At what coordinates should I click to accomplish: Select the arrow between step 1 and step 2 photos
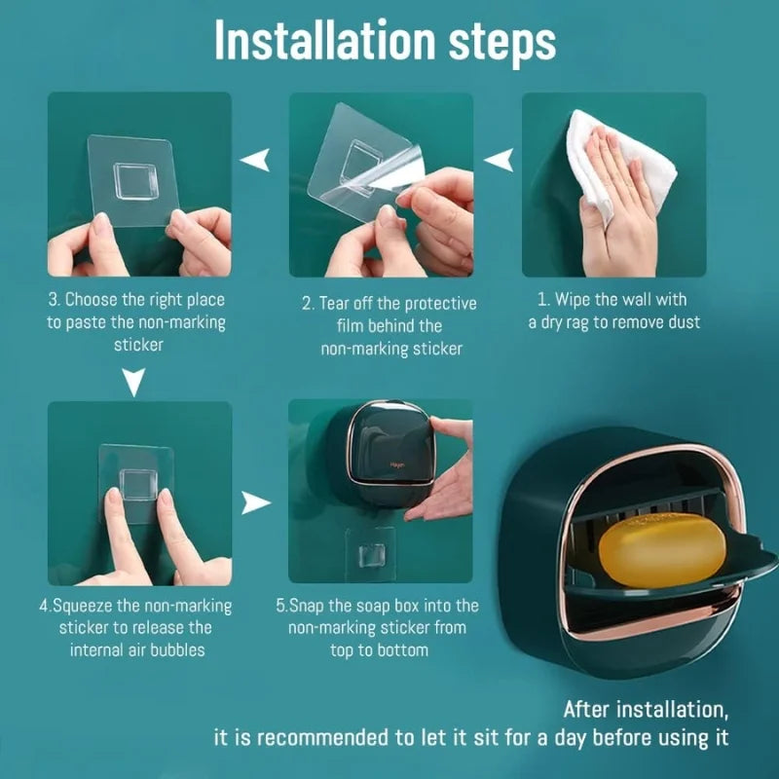point(500,160)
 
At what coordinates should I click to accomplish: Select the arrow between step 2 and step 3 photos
point(256,160)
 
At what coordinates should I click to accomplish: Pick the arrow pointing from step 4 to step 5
point(256,502)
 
